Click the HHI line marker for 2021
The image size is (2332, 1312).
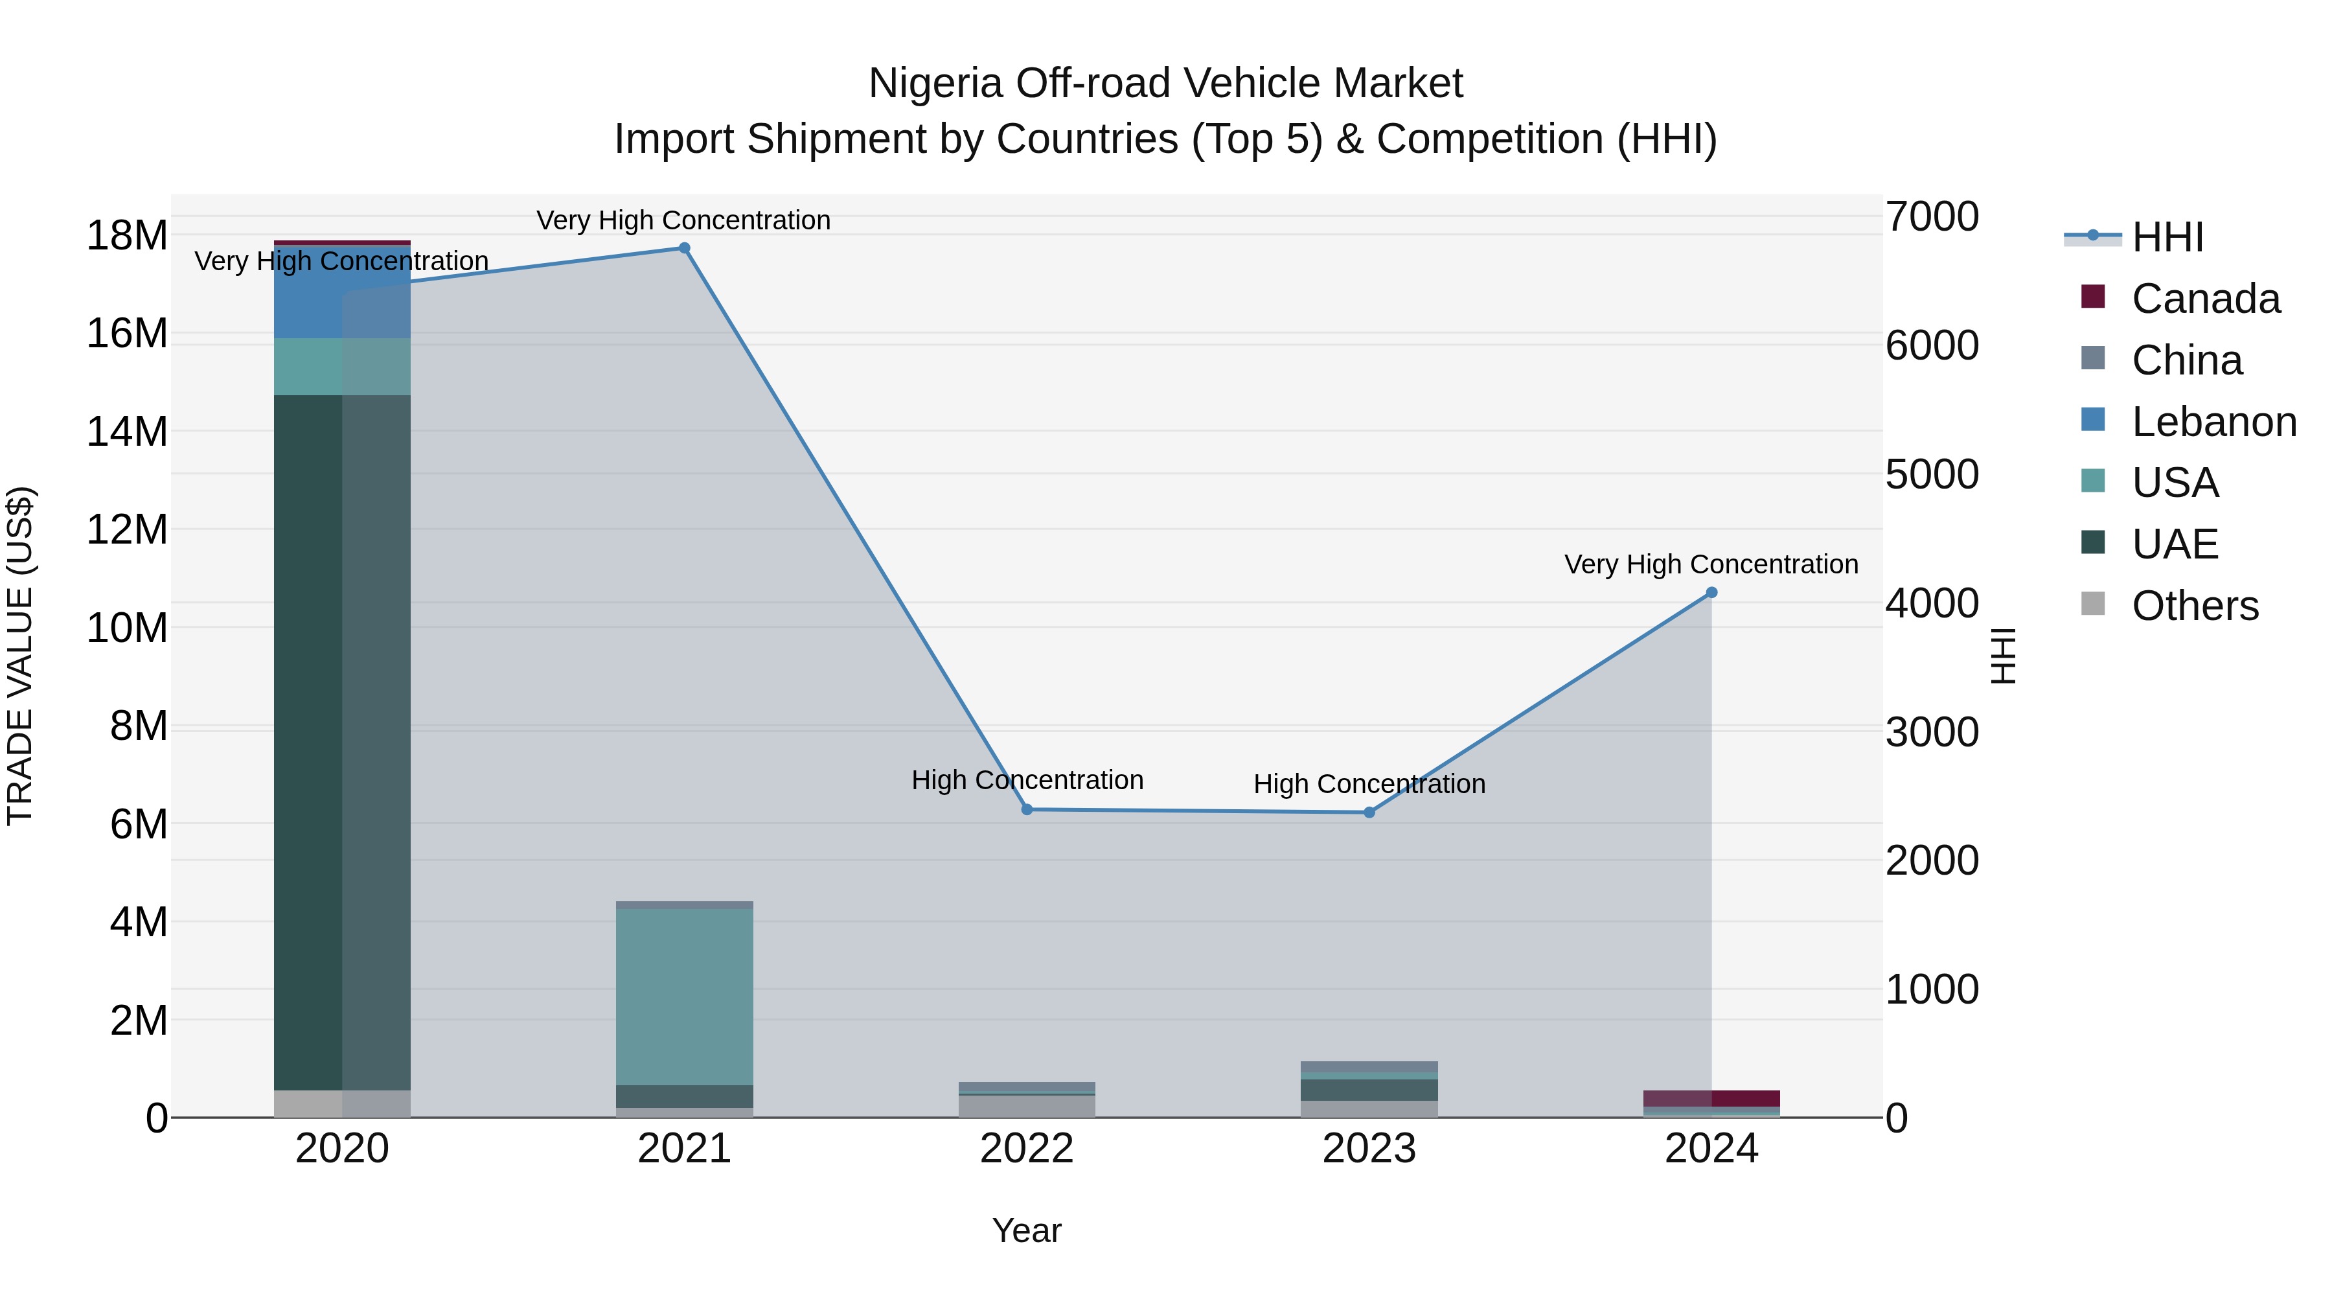click(x=685, y=248)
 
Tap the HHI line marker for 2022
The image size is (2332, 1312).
click(x=1027, y=809)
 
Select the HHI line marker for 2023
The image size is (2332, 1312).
click(x=1369, y=812)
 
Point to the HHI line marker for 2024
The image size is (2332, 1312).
click(x=1711, y=592)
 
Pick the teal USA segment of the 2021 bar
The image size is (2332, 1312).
click(x=685, y=996)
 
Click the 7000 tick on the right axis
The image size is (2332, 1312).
click(x=1932, y=217)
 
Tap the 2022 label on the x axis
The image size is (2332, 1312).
click(x=1027, y=1149)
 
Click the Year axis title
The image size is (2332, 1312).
click(x=1027, y=1230)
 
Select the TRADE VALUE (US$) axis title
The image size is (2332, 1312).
click(x=20, y=656)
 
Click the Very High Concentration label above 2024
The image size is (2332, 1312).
click(x=1711, y=564)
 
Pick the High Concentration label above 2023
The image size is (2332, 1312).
click(x=1369, y=784)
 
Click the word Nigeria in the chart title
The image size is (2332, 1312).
click(x=935, y=84)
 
